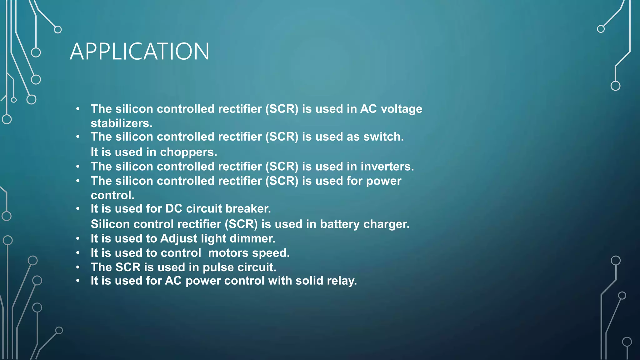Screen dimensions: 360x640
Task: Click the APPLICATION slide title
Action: (139, 52)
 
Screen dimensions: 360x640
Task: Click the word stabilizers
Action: (121, 123)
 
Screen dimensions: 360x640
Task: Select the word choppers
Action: (188, 152)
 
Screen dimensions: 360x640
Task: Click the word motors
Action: (228, 253)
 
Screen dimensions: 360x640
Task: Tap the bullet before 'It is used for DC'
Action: (78, 208)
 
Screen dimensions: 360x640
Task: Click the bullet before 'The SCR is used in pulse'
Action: (78, 267)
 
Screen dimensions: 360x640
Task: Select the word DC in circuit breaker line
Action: (174, 209)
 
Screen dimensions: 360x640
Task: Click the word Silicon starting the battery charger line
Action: (110, 224)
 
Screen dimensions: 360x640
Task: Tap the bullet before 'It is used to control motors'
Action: (78, 253)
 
